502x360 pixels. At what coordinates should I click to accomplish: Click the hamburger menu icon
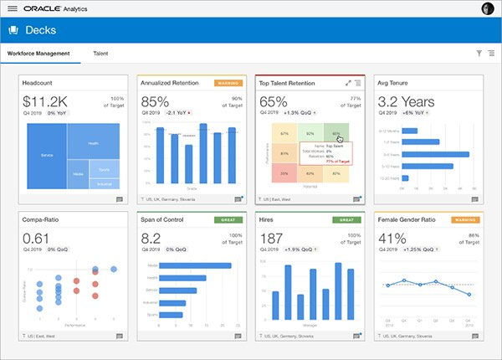11,8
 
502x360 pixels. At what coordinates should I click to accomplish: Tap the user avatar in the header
488,8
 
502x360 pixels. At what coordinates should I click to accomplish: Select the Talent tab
100,54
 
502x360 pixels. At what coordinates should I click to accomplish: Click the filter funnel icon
479,54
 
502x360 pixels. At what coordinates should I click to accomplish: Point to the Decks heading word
41,30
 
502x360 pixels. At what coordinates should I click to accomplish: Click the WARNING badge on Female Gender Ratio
467,220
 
